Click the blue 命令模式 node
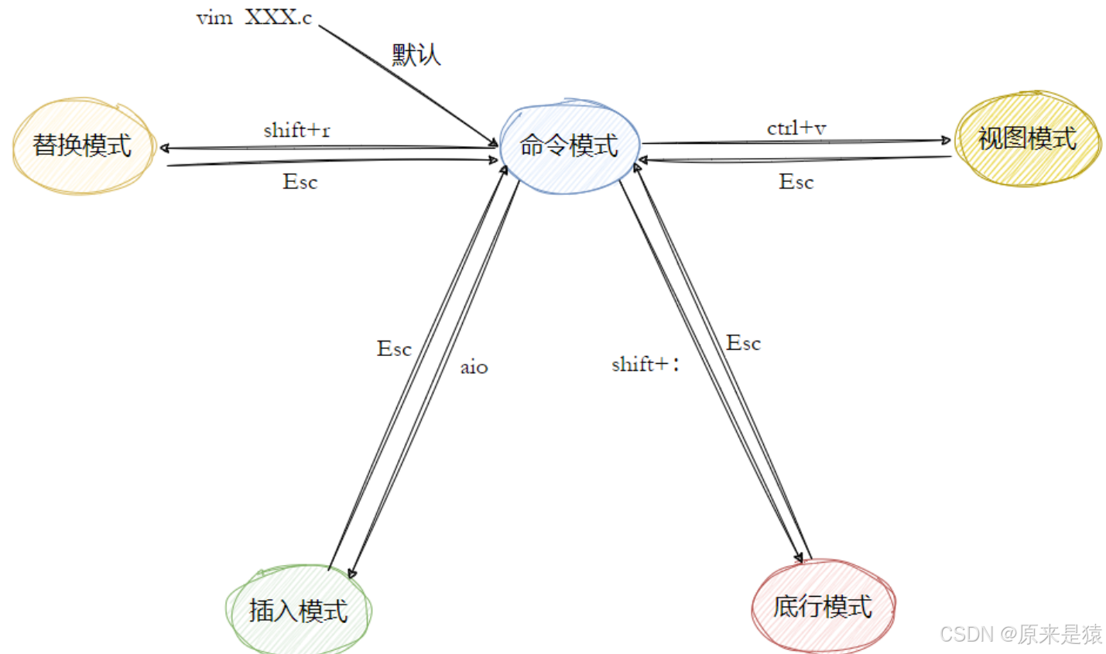569,146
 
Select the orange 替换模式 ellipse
82,146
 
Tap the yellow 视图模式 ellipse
1027,139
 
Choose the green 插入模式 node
298,611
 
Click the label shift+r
296,130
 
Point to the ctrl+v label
796,128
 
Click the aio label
474,367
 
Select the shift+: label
645,364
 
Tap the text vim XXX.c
254,18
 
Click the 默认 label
416,54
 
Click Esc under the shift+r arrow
300,182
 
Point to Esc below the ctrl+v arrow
796,182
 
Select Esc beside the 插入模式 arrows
394,349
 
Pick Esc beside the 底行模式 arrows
743,343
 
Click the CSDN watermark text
1020,635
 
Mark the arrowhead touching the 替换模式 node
165,148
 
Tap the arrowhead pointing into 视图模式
946,140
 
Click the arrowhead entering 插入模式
352,574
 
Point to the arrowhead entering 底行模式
799,557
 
